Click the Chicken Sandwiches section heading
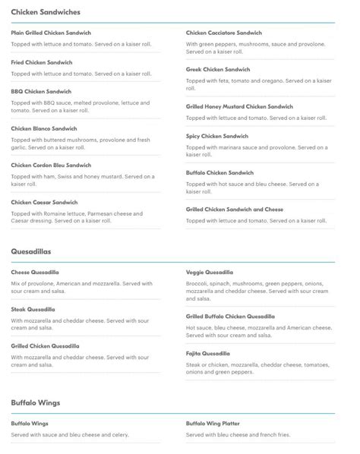(46, 13)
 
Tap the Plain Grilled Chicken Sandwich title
(51, 33)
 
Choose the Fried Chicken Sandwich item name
(42, 62)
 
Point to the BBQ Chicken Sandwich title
(41, 91)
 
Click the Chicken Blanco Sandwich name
(44, 128)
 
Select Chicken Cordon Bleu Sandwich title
(51, 165)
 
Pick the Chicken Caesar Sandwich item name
(44, 202)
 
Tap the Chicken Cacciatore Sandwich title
(223, 33)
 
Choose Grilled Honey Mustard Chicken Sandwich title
(239, 106)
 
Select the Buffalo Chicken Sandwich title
(219, 172)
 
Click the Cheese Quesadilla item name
(35, 272)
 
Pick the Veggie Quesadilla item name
(210, 272)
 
